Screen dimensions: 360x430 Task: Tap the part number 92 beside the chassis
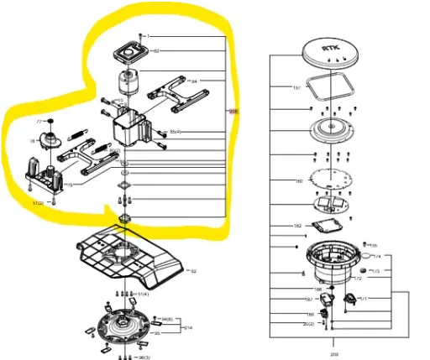(x=192, y=272)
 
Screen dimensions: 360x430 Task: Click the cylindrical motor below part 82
(x=131, y=82)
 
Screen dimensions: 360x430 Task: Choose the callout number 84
(x=194, y=81)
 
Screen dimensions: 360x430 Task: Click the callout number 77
(x=38, y=122)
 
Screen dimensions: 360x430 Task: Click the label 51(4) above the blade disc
(x=143, y=294)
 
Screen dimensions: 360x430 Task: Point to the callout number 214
(x=189, y=327)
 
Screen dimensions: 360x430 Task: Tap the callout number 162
(x=297, y=227)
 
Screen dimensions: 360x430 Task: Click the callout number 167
(x=308, y=299)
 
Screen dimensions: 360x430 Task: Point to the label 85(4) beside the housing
(x=176, y=133)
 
